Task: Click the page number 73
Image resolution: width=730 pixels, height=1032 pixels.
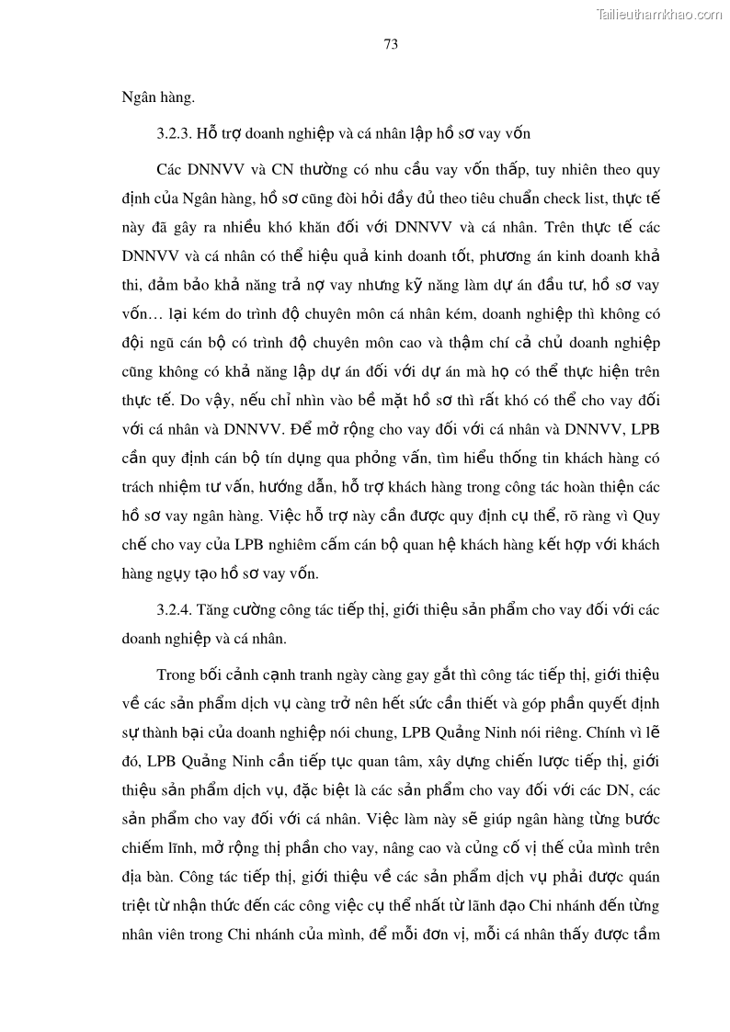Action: point(391,45)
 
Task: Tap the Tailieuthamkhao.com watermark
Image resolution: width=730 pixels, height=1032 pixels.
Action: point(659,15)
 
